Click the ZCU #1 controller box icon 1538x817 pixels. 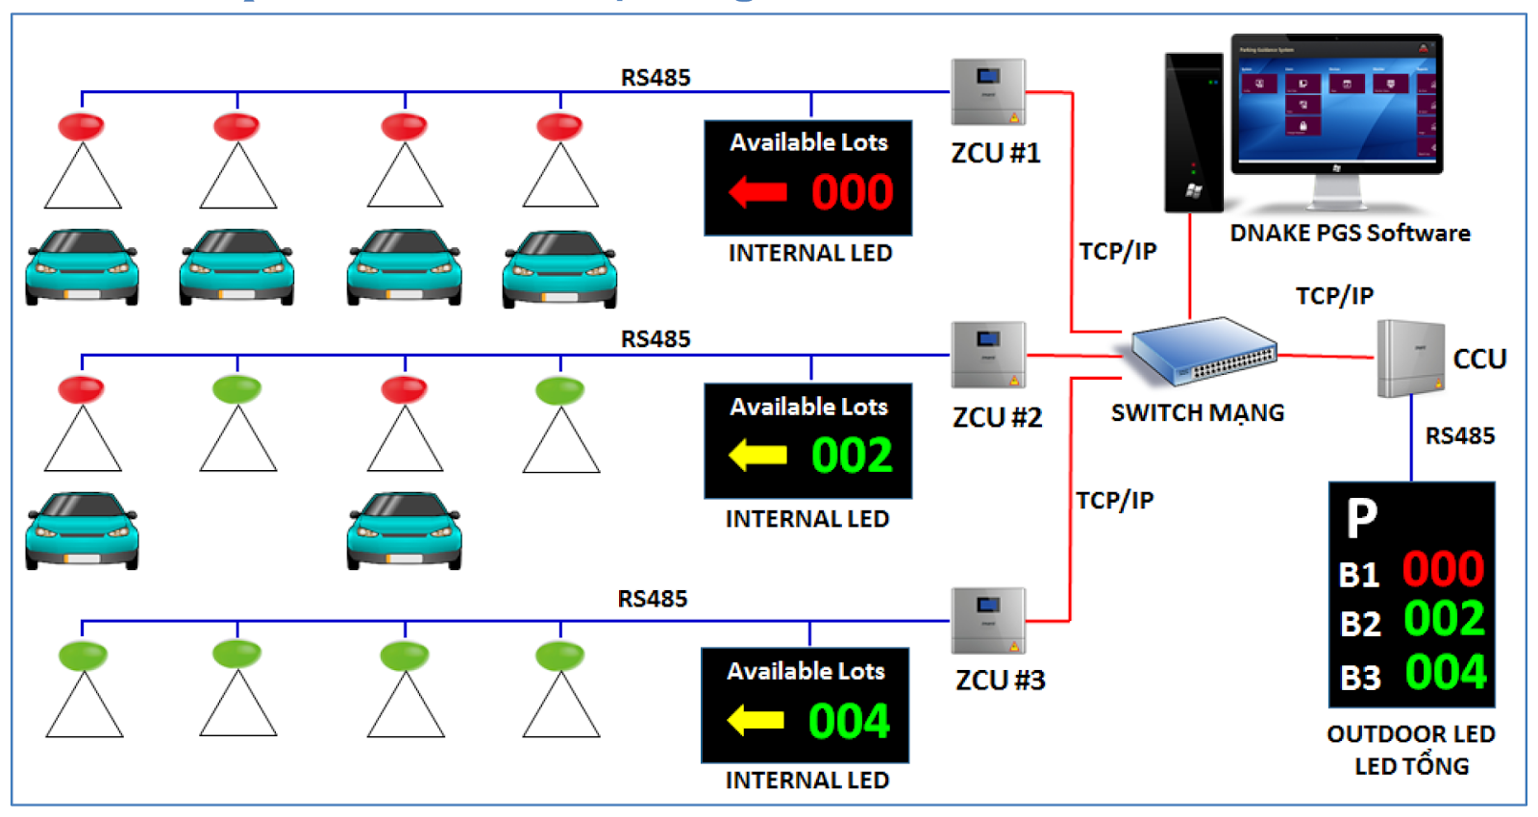click(x=988, y=92)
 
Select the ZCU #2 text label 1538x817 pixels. click(x=997, y=417)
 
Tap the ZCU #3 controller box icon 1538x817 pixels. click(x=988, y=621)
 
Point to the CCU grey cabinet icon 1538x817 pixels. click(x=1410, y=359)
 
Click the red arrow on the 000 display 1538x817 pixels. click(x=758, y=192)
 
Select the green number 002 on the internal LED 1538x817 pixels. click(x=852, y=456)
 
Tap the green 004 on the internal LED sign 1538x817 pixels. click(x=849, y=721)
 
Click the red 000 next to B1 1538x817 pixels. click(x=1443, y=569)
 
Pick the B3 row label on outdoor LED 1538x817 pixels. click(x=1360, y=678)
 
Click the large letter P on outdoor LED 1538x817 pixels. click(x=1362, y=518)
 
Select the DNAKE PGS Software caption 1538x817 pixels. click(x=1350, y=234)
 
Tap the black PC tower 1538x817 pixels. click(x=1193, y=132)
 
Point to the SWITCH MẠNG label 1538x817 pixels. click(x=1198, y=413)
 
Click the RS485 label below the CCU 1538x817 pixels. click(x=1459, y=436)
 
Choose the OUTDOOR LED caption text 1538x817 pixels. click(x=1410, y=734)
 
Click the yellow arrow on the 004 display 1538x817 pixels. click(x=756, y=720)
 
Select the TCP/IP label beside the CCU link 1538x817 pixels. click(x=1334, y=296)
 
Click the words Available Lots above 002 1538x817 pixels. click(x=808, y=407)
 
